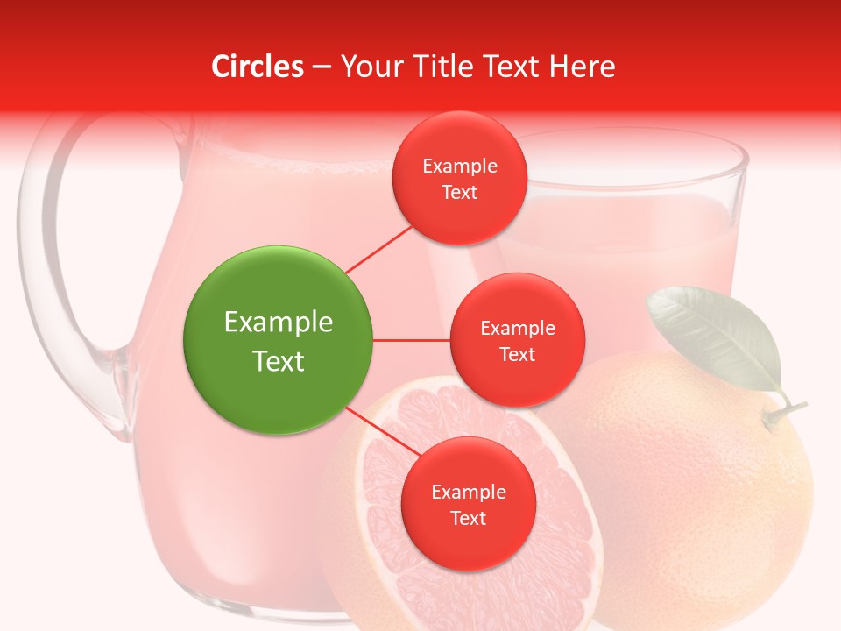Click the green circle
pos(278,340)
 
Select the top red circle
pos(459,178)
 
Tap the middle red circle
pos(517,340)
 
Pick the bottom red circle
pos(468,504)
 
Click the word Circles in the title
pos(258,67)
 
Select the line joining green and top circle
pos(378,249)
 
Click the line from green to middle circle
pos(412,340)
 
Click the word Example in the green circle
pos(278,323)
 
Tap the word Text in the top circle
pos(459,192)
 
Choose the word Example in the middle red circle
pos(517,328)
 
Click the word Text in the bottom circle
pos(468,518)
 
